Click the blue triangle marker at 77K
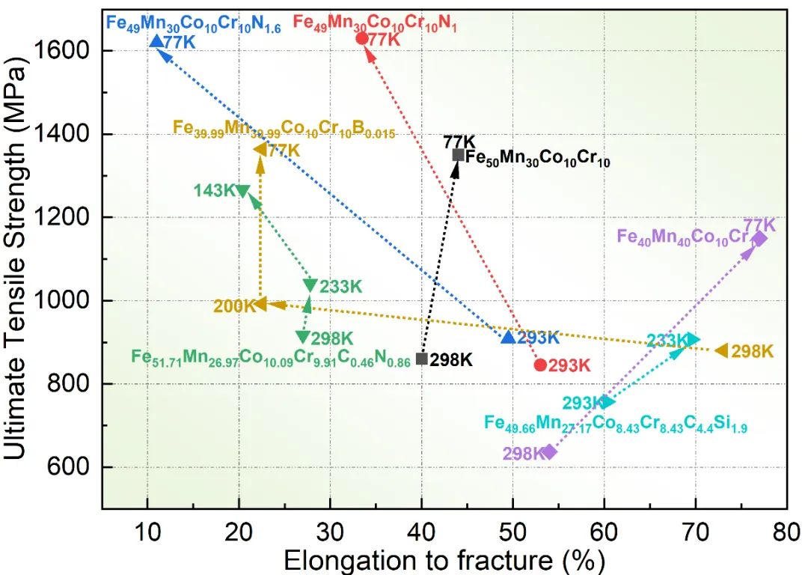tap(156, 40)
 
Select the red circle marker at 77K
tap(362, 38)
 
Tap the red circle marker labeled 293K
tap(540, 365)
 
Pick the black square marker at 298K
tap(421, 359)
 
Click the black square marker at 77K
tap(459, 154)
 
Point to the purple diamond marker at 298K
tap(550, 451)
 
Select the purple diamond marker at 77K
tap(759, 239)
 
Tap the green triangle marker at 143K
tap(242, 190)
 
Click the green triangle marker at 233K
tap(310, 285)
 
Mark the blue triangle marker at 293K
tap(508, 337)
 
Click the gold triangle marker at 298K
tap(721, 350)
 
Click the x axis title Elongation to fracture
tap(444, 559)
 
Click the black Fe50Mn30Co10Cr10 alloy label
tap(537, 158)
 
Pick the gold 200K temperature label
tap(234, 305)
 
